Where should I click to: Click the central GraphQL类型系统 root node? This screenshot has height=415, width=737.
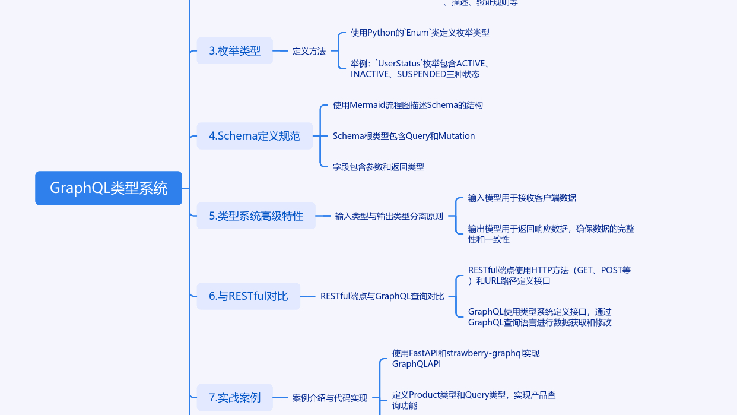(x=109, y=188)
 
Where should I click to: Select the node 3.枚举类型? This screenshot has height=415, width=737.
(x=235, y=51)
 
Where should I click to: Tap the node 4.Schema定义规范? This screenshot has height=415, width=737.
(x=255, y=136)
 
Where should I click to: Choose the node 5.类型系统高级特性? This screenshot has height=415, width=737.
(x=256, y=216)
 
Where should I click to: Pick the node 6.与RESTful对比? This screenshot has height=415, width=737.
(x=248, y=296)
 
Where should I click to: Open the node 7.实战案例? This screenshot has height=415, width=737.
(x=235, y=398)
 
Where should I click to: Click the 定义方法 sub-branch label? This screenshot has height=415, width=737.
(x=309, y=51)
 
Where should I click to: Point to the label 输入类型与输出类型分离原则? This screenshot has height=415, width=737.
(x=389, y=216)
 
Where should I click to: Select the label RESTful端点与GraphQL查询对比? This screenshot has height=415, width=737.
(x=382, y=296)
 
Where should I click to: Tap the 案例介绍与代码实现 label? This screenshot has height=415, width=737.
(x=329, y=398)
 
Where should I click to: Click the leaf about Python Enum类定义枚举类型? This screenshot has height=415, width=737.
(x=420, y=33)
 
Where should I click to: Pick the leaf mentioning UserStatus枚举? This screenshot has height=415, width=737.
(x=420, y=69)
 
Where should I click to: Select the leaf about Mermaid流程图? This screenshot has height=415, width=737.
(x=408, y=105)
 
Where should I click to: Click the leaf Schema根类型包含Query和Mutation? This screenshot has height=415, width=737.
(x=404, y=136)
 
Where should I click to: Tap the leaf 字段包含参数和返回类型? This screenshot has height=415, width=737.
(x=379, y=167)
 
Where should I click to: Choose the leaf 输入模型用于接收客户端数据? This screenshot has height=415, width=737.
(x=522, y=198)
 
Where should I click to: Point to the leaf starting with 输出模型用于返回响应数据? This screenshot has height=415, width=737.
(x=551, y=234)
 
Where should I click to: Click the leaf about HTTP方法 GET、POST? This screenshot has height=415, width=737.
(x=549, y=275)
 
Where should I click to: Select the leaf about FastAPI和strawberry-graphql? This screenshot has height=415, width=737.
(x=466, y=358)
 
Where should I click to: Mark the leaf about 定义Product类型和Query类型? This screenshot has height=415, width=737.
(x=474, y=400)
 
